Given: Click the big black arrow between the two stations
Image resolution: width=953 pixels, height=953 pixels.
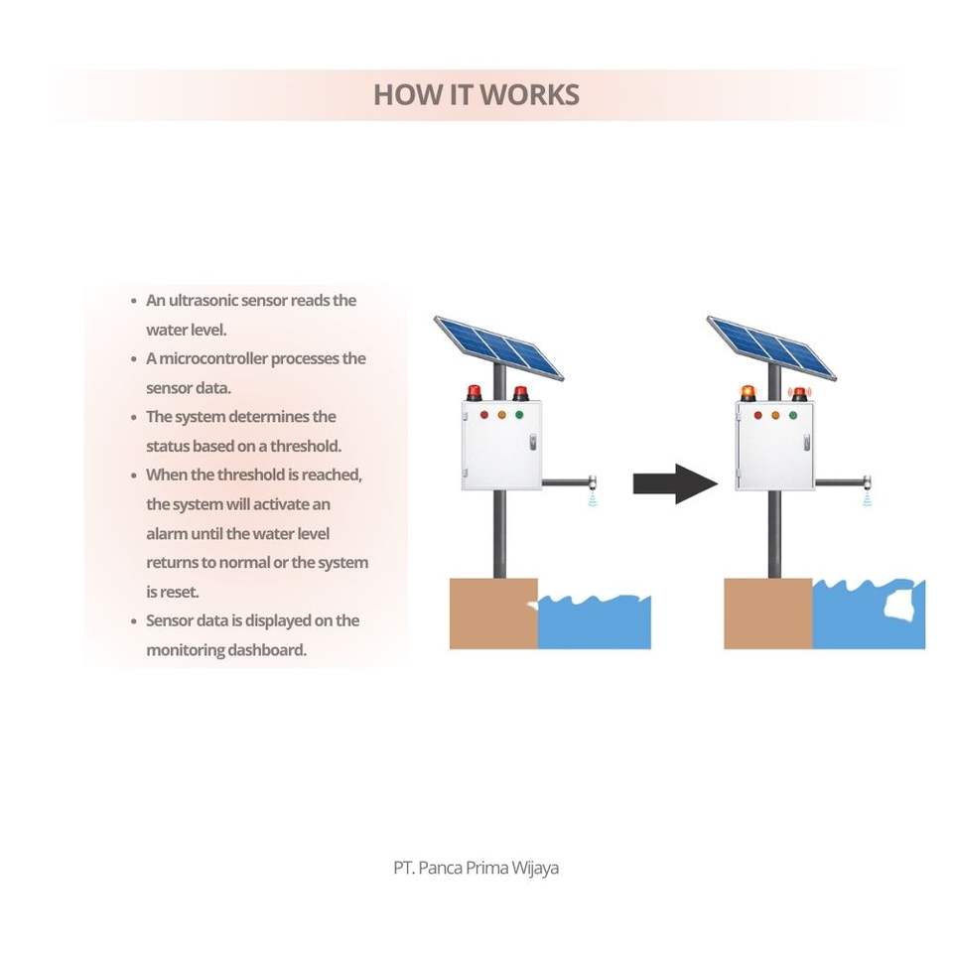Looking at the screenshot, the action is coord(675,483).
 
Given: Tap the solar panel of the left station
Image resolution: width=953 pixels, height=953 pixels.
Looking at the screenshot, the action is coord(498,346).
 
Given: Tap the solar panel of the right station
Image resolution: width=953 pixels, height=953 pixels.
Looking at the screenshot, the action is coord(771,346).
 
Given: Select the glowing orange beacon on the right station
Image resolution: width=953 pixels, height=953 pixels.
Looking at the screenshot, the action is coord(748,392).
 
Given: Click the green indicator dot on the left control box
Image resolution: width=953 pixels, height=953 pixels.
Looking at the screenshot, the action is coord(518,415).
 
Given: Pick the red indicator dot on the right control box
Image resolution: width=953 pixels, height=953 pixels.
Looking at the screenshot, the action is coord(757,415).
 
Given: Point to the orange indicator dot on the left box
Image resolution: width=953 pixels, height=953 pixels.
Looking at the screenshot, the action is coord(501,415).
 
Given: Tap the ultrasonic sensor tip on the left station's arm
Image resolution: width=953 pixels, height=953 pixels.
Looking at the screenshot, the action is coord(593,485).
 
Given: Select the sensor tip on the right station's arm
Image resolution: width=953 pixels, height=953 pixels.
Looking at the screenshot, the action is coord(866,485).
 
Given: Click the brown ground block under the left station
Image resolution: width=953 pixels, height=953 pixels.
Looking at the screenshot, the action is coord(493,613).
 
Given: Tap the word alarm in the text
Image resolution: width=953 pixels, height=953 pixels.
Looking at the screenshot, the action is coord(167,533).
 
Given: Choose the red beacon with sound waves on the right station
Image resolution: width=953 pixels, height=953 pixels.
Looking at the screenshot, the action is coord(799,393).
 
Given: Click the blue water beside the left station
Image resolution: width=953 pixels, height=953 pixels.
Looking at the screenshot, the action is coord(594,625).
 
